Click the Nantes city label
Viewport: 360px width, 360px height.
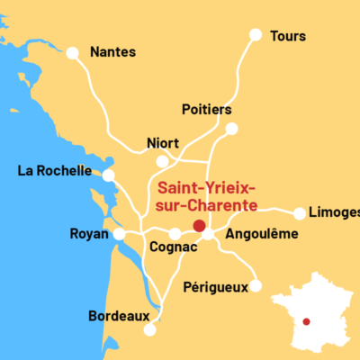112,52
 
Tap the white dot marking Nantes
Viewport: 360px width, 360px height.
73,53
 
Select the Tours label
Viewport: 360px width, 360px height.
288,36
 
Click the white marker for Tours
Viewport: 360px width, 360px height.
256,35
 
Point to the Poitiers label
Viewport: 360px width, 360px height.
207,110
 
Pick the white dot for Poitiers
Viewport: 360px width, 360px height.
231,129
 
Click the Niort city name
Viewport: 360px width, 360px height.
163,143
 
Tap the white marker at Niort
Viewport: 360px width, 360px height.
162,162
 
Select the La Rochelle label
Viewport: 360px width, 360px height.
54,171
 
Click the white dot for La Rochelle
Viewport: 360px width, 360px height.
109,175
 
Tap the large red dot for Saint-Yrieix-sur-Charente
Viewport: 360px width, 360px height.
199,226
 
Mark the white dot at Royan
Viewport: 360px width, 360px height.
119,234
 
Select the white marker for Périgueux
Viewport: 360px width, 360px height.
256,286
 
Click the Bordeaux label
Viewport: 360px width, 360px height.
118,316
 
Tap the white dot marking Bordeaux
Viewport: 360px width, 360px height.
149,330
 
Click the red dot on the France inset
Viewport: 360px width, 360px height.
307,321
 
